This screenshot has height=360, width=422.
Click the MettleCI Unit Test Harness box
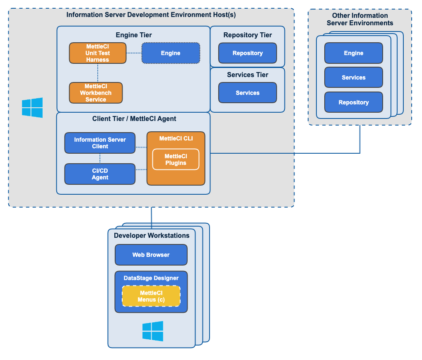pos(97,53)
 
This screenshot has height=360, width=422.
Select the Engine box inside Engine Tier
pos(171,53)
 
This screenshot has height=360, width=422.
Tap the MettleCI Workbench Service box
pos(96,93)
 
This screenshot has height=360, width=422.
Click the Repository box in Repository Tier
pos(247,53)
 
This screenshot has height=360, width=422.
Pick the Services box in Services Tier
pos(247,93)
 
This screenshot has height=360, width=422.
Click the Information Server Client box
pos(100,143)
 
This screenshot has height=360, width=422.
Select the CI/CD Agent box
pos(100,174)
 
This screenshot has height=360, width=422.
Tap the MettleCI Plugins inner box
pos(176,159)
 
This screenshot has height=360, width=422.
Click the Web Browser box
pos(151,255)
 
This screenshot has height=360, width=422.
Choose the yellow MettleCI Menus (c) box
pos(151,296)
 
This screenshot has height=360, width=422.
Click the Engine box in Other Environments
pos(353,53)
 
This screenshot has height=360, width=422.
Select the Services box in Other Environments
pos(353,77)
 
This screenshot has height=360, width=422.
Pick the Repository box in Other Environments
pos(353,102)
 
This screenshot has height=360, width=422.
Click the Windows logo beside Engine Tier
pos(32,108)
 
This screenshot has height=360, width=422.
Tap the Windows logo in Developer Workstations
pos(153,331)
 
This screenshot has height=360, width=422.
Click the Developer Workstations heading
pos(152,236)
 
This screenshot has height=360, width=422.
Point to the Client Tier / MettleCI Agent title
pos(134,119)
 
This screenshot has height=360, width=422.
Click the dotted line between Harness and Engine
pos(134,53)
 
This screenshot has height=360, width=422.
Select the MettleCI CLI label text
pos(176,138)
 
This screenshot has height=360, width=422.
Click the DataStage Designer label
pos(151,278)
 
